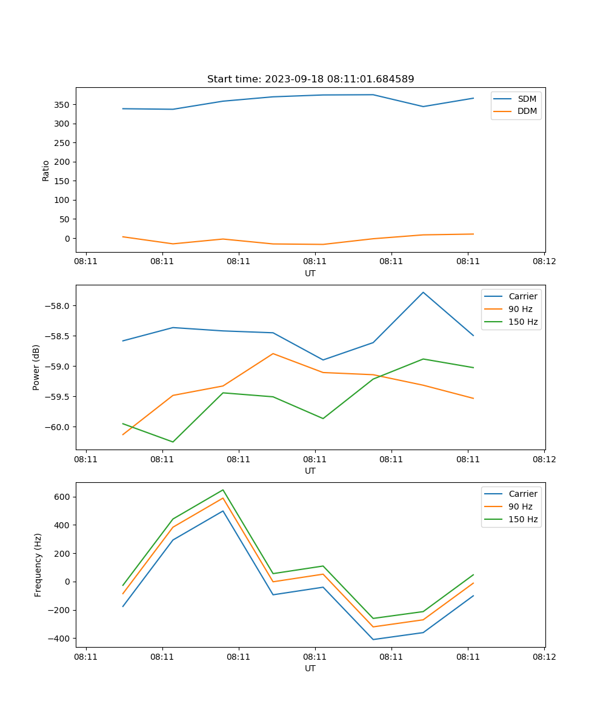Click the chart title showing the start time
[x=310, y=79]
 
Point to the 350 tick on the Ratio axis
[x=62, y=105]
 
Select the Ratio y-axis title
[x=46, y=170]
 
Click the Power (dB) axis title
[x=36, y=367]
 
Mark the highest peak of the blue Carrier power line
[x=423, y=292]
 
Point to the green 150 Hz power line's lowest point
[x=173, y=442]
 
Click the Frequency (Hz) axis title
[x=38, y=565]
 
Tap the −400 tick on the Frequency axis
[x=59, y=639]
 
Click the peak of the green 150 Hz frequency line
[x=223, y=490]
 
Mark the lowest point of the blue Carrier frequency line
[x=373, y=639]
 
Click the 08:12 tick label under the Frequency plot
[x=544, y=656]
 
